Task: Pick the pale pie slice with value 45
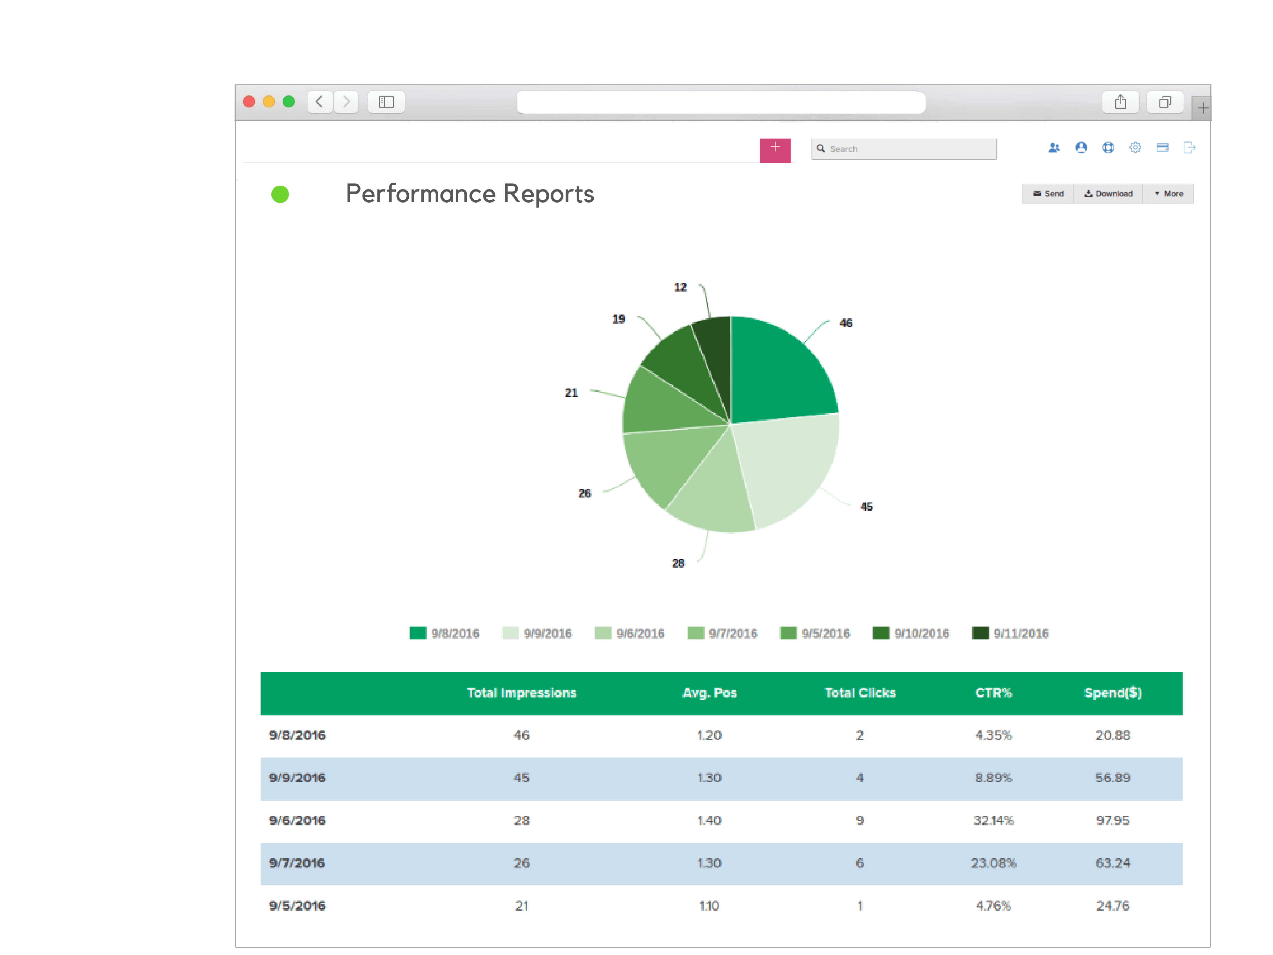click(788, 466)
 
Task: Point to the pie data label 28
click(679, 563)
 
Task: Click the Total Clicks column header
click(860, 692)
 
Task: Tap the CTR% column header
click(993, 692)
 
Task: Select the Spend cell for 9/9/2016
click(1112, 778)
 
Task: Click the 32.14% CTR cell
click(993, 820)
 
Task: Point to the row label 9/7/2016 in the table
click(297, 863)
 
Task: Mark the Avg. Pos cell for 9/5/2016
click(709, 906)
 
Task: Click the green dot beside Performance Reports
click(280, 195)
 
